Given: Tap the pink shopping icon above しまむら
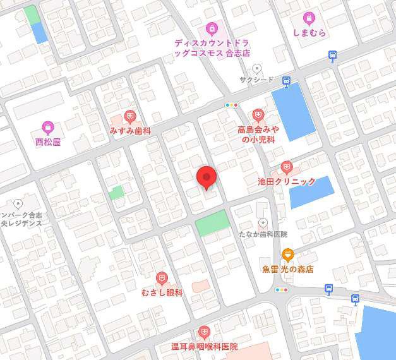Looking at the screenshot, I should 309,18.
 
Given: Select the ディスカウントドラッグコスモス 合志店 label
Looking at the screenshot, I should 212,48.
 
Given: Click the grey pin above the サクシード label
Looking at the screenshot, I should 256,68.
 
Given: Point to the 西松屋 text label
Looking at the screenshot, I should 47,142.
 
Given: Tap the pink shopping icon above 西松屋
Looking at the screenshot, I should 47,127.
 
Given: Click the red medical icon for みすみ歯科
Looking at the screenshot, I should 130,116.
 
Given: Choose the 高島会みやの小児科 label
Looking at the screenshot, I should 258,134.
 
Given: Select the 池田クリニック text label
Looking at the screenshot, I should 287,181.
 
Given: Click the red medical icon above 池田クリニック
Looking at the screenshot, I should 287,167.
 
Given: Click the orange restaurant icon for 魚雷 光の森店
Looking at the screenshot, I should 288,255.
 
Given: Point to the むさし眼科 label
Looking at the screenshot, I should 162,293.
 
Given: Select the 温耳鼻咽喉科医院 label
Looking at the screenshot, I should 204,347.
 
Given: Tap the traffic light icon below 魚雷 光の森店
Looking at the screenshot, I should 282,290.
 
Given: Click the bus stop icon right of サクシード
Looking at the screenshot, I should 286,81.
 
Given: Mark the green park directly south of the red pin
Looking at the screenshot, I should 212,222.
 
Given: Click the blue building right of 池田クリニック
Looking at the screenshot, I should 311,192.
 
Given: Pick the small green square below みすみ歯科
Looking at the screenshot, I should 116,192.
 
